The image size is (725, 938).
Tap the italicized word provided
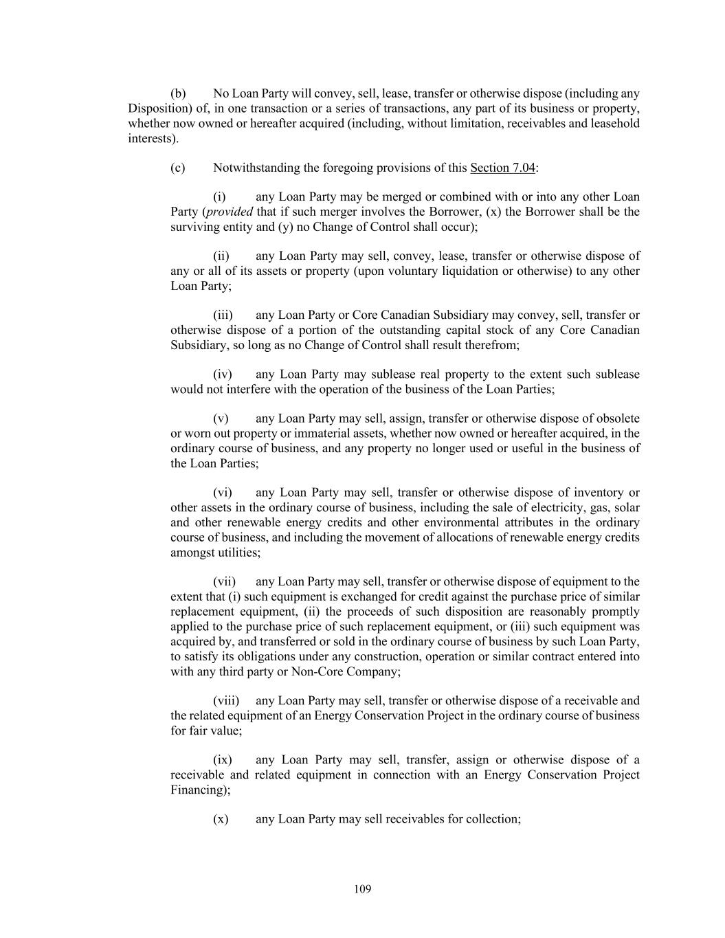(x=230, y=212)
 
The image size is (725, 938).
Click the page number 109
(x=363, y=889)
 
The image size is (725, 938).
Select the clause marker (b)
(x=178, y=93)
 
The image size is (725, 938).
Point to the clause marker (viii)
(x=226, y=701)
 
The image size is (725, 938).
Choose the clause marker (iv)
(x=223, y=375)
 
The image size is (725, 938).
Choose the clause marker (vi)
(x=223, y=493)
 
